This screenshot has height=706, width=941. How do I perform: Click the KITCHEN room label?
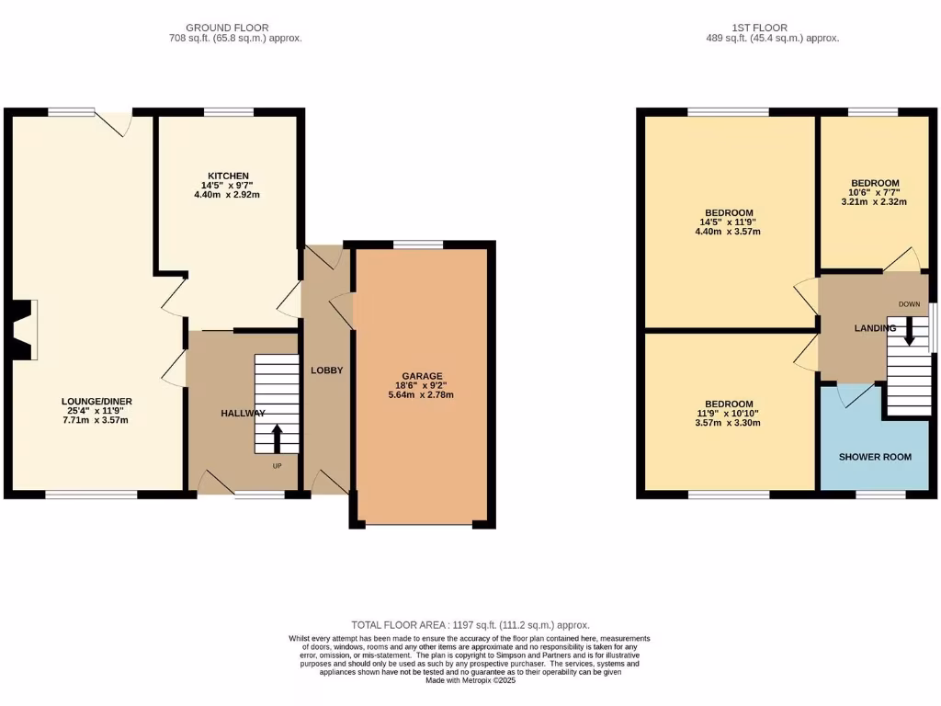(228, 176)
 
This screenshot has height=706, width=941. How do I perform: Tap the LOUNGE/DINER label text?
(94, 401)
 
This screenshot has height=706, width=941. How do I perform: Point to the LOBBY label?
(326, 370)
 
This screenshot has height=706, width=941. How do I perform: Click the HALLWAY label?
(243, 414)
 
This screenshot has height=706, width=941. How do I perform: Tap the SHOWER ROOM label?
(874, 457)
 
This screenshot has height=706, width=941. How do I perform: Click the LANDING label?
(874, 328)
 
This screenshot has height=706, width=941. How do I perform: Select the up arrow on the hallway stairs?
(277, 438)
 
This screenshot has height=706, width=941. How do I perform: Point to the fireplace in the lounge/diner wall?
(23, 329)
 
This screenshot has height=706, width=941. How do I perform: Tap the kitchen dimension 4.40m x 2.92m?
(228, 195)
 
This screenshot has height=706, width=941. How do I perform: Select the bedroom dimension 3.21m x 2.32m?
(874, 202)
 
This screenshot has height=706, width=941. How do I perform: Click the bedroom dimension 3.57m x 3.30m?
(729, 423)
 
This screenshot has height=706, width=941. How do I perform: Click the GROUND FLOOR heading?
(227, 28)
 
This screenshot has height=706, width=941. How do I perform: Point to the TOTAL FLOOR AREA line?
(470, 625)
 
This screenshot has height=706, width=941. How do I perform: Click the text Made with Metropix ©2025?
(470, 680)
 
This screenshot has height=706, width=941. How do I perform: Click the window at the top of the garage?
(418, 244)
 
